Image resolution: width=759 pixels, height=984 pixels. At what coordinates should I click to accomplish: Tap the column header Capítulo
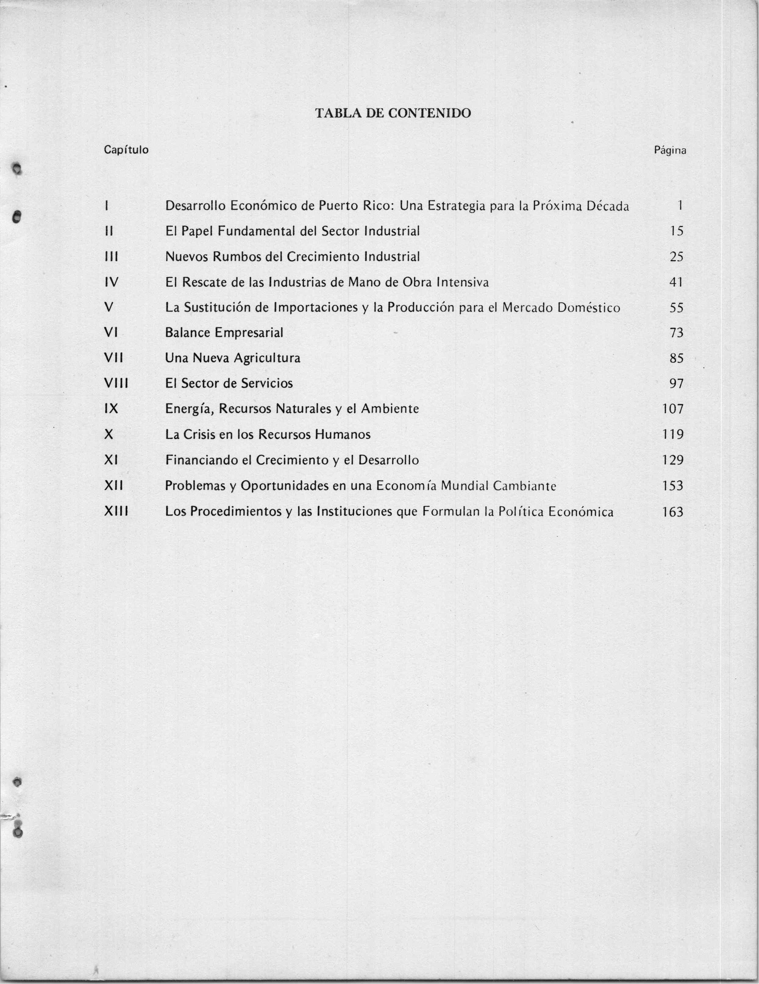126,150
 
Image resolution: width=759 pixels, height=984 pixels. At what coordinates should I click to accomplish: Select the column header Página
670,150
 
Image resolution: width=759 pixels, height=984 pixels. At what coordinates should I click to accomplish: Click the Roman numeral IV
111,282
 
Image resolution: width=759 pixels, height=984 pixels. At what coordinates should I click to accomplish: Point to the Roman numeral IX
111,409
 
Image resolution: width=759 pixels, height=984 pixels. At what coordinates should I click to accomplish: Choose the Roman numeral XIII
116,512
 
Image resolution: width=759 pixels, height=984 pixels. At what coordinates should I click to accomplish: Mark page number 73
676,333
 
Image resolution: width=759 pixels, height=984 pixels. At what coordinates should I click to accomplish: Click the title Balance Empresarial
224,333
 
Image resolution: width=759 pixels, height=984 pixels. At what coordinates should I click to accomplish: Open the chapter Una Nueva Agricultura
233,358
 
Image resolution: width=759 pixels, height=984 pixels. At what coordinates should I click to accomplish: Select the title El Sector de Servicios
229,384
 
